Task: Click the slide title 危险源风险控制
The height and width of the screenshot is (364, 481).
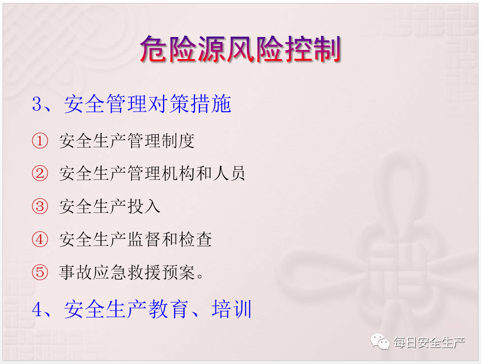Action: [x=240, y=49]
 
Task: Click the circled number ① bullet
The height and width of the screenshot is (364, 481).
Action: [x=40, y=141]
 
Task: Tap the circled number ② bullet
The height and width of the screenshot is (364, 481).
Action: [x=40, y=173]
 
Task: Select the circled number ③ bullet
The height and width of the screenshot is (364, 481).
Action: [x=40, y=206]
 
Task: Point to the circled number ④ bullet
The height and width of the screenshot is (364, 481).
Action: [x=40, y=239]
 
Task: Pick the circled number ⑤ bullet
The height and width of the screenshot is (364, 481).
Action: [x=40, y=272]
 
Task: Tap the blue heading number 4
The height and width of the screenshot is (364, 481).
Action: [x=37, y=309]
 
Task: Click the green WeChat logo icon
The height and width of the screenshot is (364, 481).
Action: [x=380, y=341]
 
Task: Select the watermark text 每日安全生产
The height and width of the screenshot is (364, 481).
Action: [x=429, y=342]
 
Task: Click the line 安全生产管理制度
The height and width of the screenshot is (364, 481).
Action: [x=126, y=141]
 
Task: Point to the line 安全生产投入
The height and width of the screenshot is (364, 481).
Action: [x=109, y=206]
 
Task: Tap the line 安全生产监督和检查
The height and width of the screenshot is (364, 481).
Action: [x=135, y=239]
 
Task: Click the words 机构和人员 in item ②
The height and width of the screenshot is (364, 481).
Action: [x=203, y=173]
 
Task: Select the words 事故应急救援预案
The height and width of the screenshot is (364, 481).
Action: [x=126, y=272]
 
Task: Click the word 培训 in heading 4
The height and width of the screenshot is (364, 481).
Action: [x=231, y=309]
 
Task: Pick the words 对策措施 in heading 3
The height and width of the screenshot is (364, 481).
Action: [x=189, y=104]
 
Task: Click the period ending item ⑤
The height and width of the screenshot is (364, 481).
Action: [x=199, y=276]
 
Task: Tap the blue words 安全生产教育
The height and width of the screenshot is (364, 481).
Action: [x=126, y=309]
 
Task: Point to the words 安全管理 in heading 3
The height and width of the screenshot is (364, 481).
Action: [x=105, y=104]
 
